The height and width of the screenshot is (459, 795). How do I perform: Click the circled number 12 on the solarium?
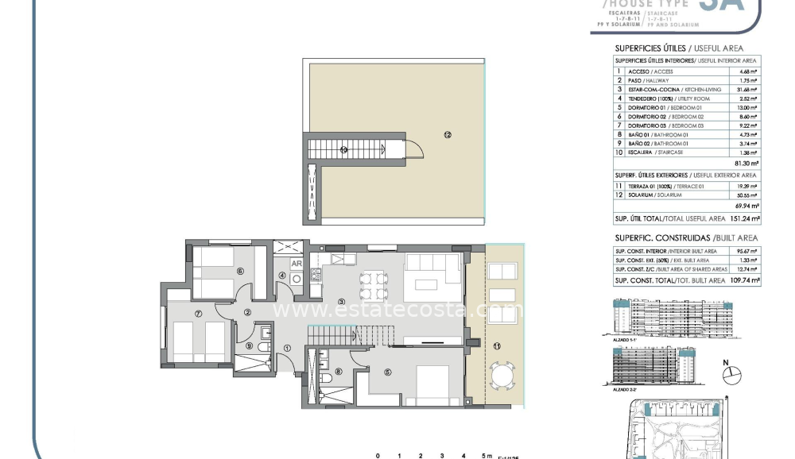click(448, 136)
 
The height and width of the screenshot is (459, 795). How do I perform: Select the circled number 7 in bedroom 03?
click(198, 313)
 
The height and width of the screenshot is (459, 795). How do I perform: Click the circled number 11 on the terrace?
click(498, 345)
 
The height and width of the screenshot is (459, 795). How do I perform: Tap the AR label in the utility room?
click(296, 264)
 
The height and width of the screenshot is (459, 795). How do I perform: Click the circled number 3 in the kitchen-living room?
click(341, 302)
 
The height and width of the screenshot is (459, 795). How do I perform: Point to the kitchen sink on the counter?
click(343, 260)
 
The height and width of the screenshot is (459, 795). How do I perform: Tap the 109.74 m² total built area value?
click(744, 280)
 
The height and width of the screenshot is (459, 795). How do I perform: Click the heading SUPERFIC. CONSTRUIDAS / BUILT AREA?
click(686, 237)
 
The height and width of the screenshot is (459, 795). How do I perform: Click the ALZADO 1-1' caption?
click(625, 339)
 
